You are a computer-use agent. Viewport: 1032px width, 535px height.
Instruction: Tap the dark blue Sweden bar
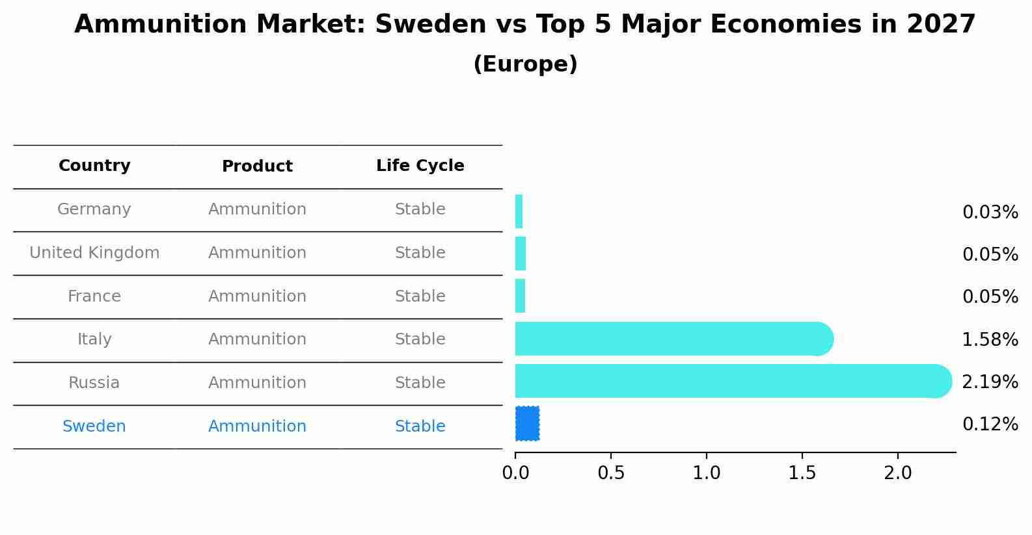(527, 423)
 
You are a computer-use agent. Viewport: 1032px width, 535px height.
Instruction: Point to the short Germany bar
(519, 211)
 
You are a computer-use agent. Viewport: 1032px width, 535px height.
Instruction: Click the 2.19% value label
(990, 382)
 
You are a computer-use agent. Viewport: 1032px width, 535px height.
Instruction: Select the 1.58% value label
(990, 339)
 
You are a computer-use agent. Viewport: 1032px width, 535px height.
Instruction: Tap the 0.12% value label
(990, 424)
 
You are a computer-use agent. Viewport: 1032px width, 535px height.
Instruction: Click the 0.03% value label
(990, 213)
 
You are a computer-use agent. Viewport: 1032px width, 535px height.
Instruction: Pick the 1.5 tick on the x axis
(802, 473)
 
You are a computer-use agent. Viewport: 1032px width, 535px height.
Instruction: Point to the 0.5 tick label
(611, 473)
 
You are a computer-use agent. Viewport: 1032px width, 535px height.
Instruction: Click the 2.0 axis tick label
(898, 473)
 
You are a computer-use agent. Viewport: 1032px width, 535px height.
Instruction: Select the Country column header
(94, 166)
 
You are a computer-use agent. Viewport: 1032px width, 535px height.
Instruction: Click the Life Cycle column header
(420, 166)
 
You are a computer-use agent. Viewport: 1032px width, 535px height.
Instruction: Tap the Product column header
(257, 166)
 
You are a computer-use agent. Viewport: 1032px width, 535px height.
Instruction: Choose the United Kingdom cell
(94, 253)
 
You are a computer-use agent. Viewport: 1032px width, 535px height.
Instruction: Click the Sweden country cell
(94, 426)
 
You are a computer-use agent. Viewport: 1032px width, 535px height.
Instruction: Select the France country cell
(94, 296)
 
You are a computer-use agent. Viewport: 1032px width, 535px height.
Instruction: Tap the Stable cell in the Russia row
(420, 383)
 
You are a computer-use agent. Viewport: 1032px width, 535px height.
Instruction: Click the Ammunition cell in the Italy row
(257, 339)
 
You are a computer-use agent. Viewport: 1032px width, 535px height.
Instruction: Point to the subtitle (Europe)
(525, 64)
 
